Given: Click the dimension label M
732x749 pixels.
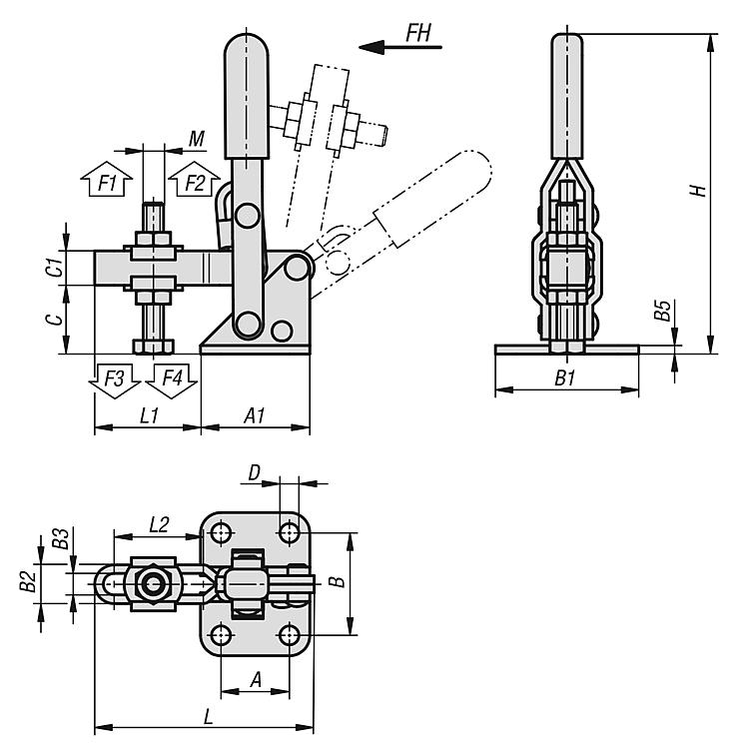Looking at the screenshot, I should tap(197, 136).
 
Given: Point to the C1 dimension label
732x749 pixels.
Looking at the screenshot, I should tap(58, 267).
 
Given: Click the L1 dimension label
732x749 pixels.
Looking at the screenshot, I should tap(149, 415).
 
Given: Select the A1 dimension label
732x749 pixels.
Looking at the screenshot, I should tap(254, 415).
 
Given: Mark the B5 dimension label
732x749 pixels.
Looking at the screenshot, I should tap(661, 310).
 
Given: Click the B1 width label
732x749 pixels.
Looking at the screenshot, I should tap(565, 378).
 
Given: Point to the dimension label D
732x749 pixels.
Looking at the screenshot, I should tap(255, 469).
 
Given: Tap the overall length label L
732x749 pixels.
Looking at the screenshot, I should tap(207, 715).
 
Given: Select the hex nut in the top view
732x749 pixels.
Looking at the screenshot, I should tap(153, 583).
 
